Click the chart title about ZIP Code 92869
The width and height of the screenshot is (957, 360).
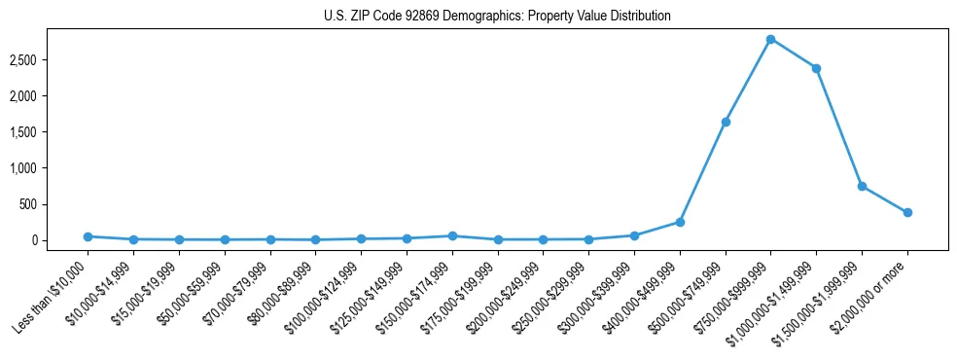pos(497,17)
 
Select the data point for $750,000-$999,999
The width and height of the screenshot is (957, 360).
pos(770,39)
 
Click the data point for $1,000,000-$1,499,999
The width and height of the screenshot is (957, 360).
pos(816,68)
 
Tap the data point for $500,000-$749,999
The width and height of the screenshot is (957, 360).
pos(726,122)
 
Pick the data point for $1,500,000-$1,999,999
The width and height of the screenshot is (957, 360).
pos(862,186)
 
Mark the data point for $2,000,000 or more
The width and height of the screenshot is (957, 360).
pos(907,212)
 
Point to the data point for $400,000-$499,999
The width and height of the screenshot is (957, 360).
pos(680,222)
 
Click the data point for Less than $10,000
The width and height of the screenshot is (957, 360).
pos(88,236)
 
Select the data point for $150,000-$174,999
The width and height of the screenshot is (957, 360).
pos(452,235)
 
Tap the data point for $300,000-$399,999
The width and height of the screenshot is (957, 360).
pos(634,235)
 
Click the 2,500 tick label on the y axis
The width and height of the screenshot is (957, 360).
pos(51,60)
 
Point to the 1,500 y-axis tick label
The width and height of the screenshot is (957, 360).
pos(51,132)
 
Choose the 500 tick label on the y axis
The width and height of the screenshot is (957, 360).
pos(56,204)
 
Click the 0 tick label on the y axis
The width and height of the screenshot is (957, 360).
pos(61,240)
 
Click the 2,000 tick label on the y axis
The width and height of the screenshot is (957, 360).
pos(51,96)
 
